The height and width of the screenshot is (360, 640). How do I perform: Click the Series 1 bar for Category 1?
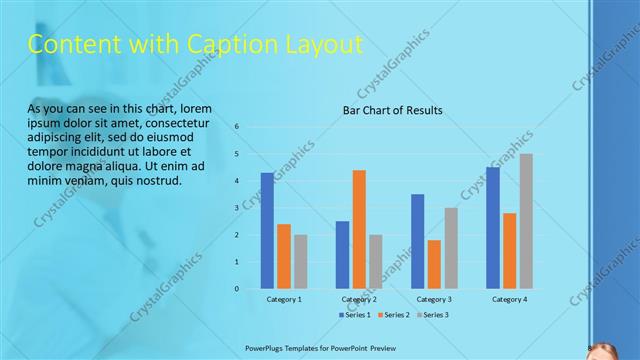(x=267, y=231)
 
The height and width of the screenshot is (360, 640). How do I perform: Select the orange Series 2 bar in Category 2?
(x=359, y=229)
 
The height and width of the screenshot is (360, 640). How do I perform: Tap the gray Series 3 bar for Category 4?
(x=526, y=221)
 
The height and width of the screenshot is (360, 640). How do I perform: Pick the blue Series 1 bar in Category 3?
(x=417, y=241)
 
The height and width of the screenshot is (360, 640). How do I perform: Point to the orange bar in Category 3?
(x=434, y=264)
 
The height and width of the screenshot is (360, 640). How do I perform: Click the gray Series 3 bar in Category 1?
(x=301, y=261)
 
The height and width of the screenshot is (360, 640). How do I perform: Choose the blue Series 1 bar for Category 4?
(x=493, y=228)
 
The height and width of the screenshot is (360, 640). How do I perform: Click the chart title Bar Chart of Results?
(x=392, y=110)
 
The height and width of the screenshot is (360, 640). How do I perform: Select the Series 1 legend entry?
(x=355, y=315)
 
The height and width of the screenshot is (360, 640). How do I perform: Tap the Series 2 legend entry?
(x=394, y=315)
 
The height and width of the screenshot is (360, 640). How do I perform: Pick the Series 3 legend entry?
(x=433, y=315)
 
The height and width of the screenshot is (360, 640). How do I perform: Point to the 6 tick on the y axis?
(x=237, y=127)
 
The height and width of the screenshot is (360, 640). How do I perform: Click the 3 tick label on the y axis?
(x=237, y=208)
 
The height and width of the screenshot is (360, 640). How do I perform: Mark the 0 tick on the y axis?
(x=237, y=289)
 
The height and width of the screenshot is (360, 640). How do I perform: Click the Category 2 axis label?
(x=359, y=299)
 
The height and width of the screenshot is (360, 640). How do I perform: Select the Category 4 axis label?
(x=509, y=299)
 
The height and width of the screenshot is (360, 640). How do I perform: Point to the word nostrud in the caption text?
(x=156, y=181)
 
